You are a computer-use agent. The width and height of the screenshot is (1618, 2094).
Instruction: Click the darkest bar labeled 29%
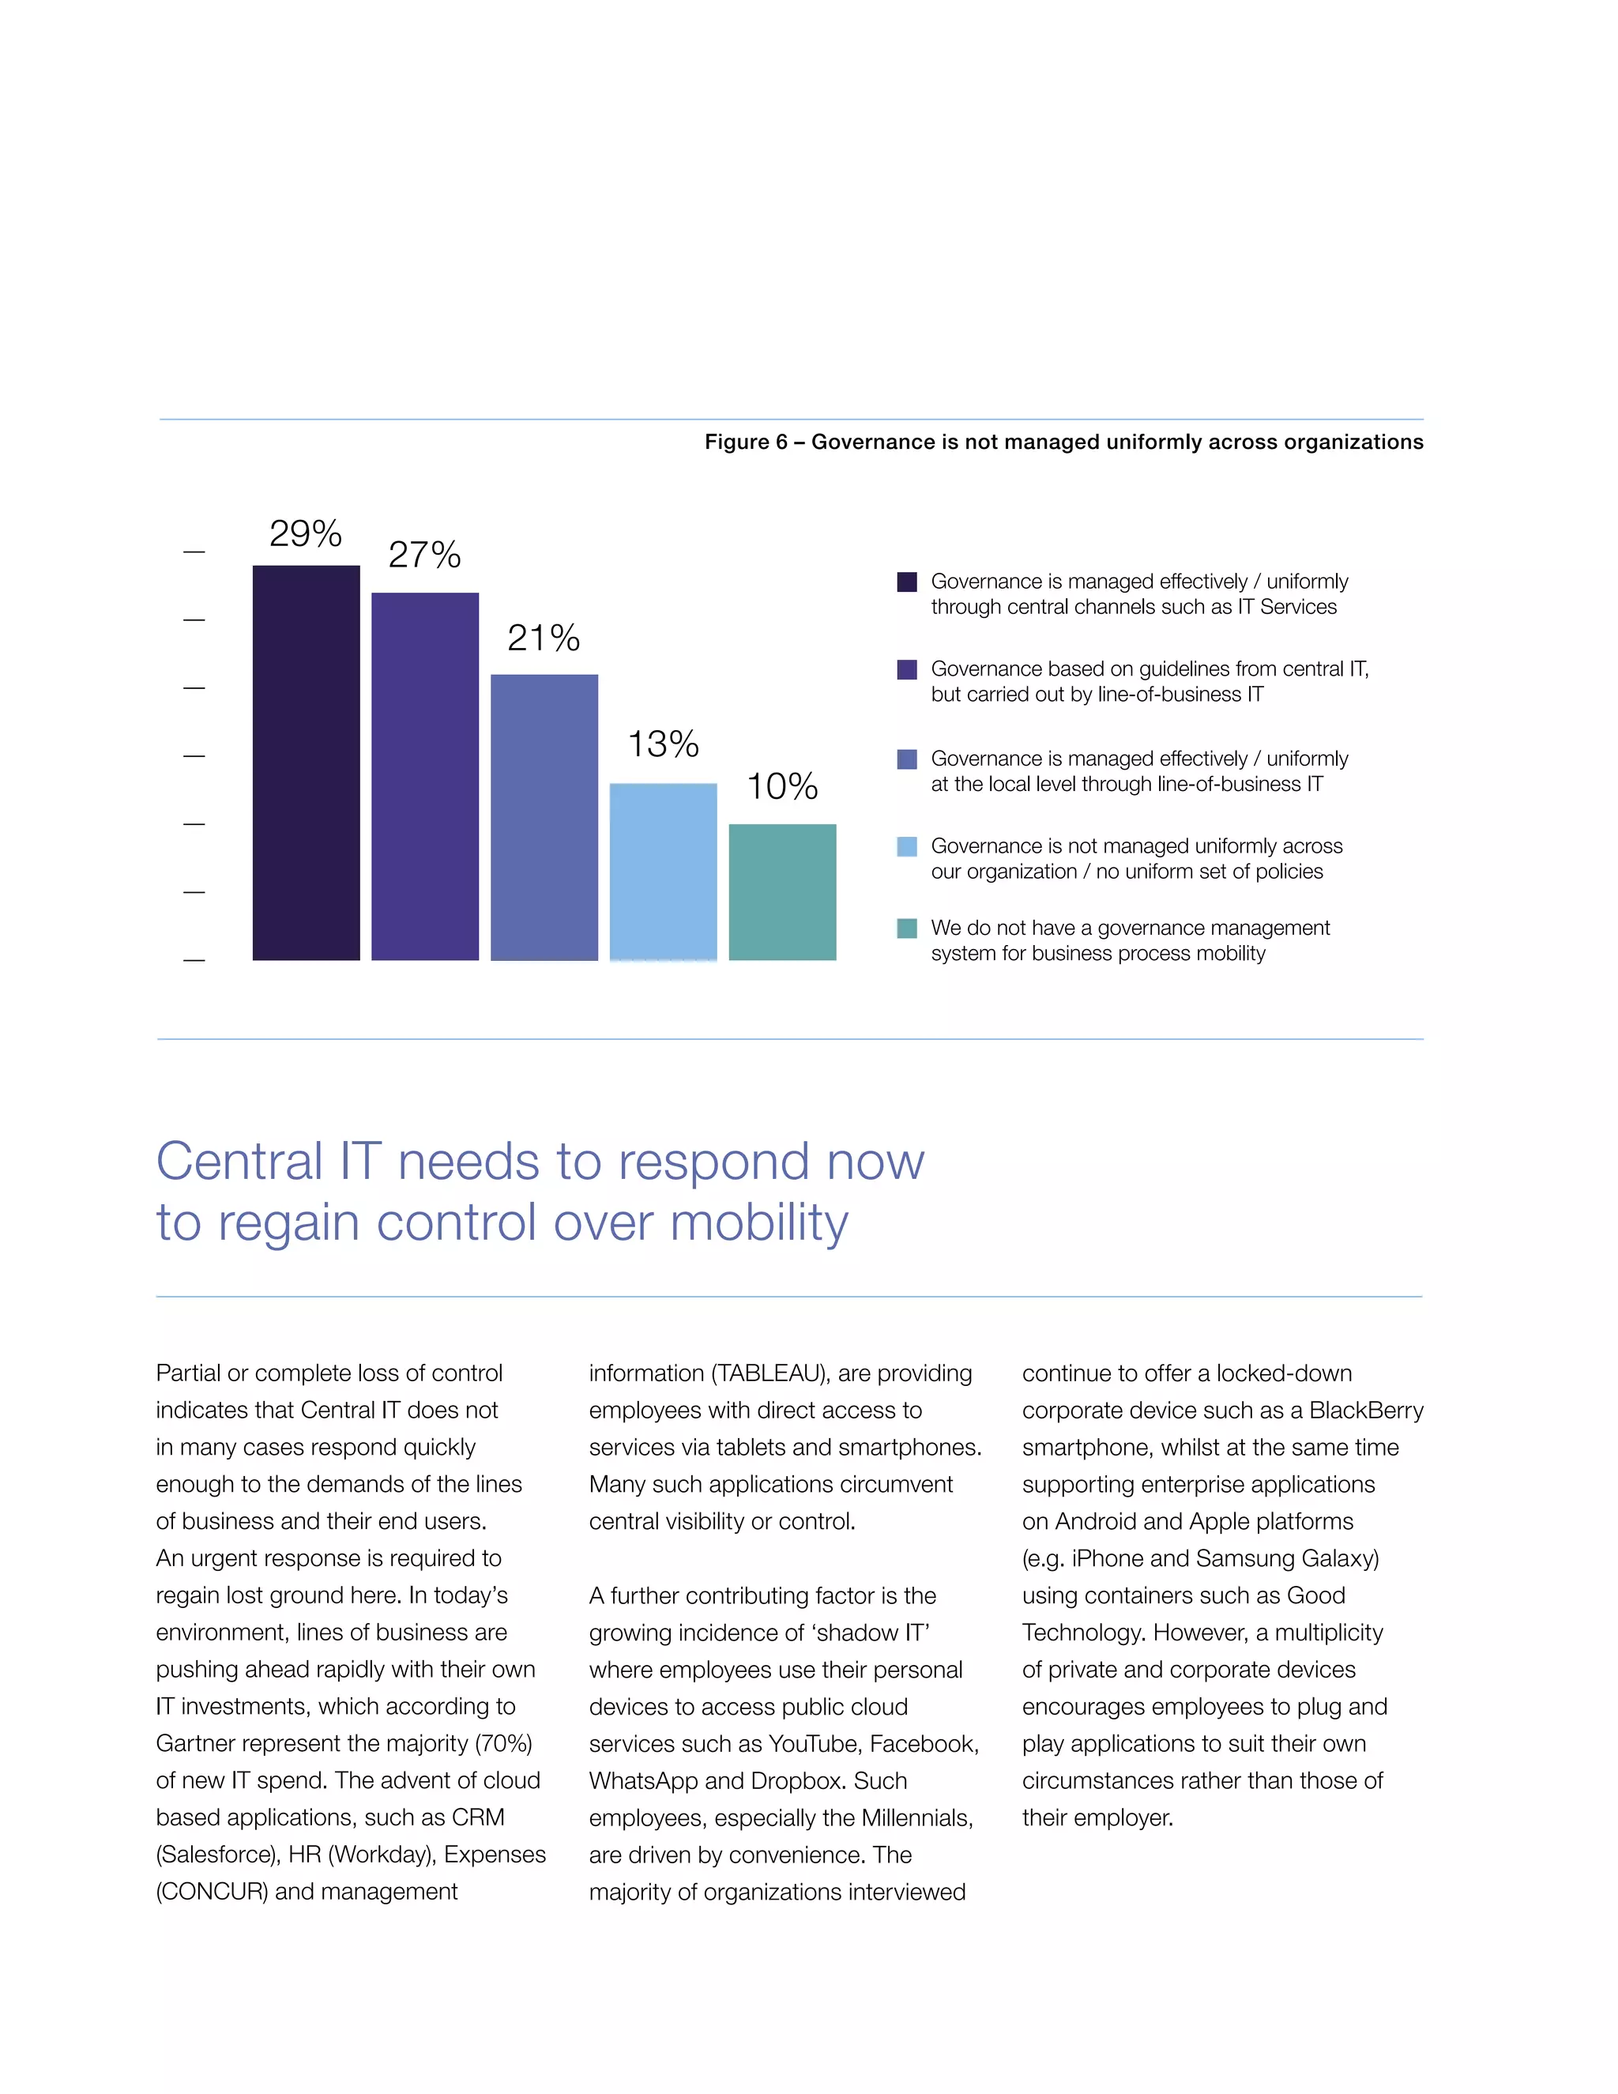pyautogui.click(x=306, y=763)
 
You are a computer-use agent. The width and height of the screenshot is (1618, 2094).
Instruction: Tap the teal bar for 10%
pyautogui.click(x=782, y=891)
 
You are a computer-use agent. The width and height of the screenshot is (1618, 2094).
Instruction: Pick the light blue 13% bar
pyautogui.click(x=664, y=872)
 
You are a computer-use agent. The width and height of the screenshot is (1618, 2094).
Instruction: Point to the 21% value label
pyautogui.click(x=544, y=638)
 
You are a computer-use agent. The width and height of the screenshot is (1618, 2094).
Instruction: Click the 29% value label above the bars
pyautogui.click(x=305, y=534)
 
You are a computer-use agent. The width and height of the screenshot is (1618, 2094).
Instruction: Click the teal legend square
pyautogui.click(x=907, y=928)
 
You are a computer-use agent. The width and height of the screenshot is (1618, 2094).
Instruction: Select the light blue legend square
pyautogui.click(x=907, y=846)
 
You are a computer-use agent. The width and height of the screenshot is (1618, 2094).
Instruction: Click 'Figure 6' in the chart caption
pyautogui.click(x=746, y=442)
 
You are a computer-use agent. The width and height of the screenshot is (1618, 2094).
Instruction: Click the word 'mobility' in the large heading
pyautogui.click(x=758, y=1223)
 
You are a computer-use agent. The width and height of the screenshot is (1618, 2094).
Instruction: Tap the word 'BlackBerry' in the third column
pyautogui.click(x=1366, y=1410)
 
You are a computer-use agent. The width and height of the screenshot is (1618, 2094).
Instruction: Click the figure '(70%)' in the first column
pyautogui.click(x=504, y=1743)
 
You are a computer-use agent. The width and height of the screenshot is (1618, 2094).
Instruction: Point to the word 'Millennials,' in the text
pyautogui.click(x=917, y=1818)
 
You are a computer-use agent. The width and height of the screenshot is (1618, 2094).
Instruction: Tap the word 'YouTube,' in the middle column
pyautogui.click(x=815, y=1743)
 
